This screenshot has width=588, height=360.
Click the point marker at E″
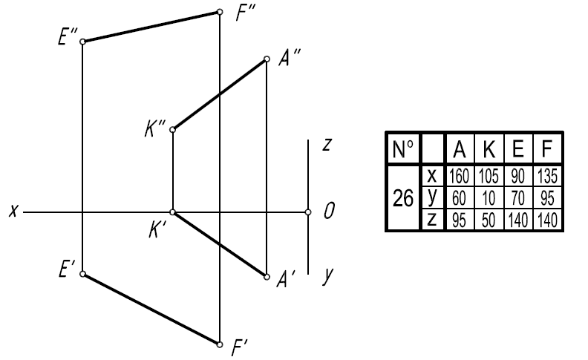(x=83, y=42)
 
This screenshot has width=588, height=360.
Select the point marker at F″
(x=220, y=12)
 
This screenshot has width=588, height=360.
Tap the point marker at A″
(x=267, y=59)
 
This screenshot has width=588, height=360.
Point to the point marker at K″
(x=172, y=130)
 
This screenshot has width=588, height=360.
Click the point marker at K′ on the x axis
(x=172, y=212)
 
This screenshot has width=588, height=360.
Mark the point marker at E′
(x=83, y=274)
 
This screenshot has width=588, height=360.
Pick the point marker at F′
(x=220, y=344)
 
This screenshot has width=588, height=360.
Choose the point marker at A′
(x=267, y=277)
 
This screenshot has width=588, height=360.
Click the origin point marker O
(x=308, y=212)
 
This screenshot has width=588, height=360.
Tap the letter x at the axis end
(x=13, y=211)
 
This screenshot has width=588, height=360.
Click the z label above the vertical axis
(x=327, y=145)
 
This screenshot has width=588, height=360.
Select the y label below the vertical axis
(x=327, y=276)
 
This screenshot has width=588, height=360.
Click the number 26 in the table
(x=403, y=198)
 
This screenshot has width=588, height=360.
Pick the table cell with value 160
(x=459, y=176)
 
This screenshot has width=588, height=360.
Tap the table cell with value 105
(x=489, y=176)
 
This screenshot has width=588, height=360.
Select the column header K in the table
(x=489, y=149)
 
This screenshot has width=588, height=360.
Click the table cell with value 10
(x=489, y=198)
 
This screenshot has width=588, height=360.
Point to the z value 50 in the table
(x=489, y=220)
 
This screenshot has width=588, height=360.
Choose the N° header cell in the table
(x=403, y=149)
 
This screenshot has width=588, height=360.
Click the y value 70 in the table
(x=518, y=198)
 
